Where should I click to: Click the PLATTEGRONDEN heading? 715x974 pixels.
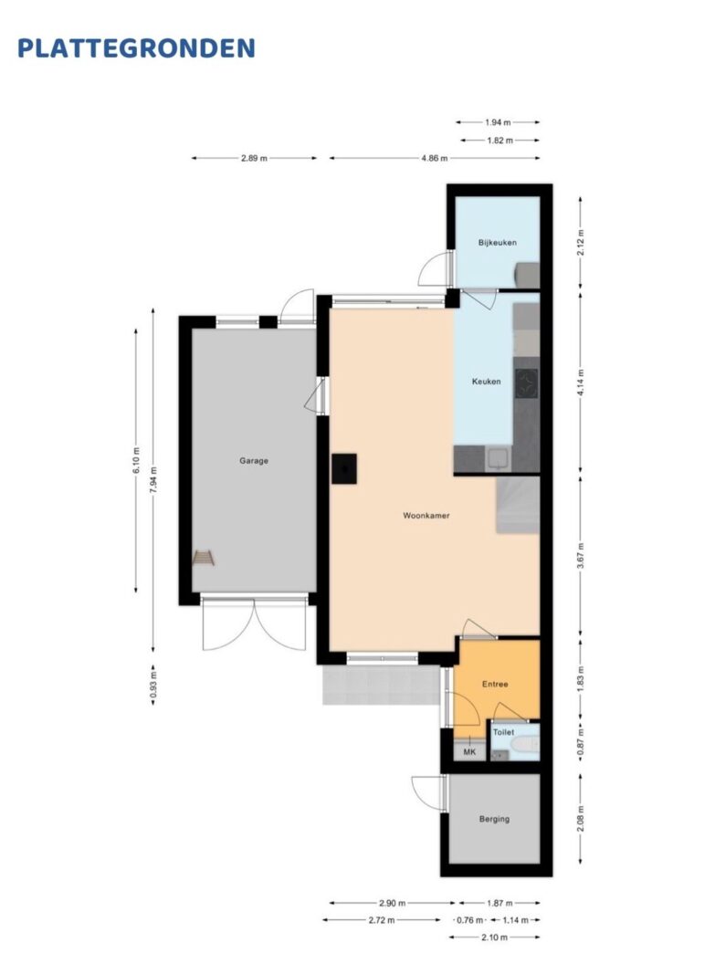tap(136, 48)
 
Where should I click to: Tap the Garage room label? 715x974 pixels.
tap(254, 461)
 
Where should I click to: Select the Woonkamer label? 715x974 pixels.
tap(426, 516)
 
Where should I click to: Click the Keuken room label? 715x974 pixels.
tap(486, 382)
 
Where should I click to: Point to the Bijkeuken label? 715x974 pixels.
tap(497, 242)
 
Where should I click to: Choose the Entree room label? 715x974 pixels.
tap(495, 684)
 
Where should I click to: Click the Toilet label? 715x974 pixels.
tap(503, 732)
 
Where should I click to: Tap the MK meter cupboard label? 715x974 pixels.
tap(469, 752)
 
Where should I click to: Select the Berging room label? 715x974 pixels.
tap(495, 819)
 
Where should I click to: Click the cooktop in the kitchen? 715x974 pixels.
tap(527, 383)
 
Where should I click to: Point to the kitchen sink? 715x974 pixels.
tap(499, 459)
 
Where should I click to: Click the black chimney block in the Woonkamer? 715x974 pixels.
tap(343, 468)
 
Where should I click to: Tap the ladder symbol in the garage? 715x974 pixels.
tap(203, 557)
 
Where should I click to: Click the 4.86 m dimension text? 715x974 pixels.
tap(435, 158)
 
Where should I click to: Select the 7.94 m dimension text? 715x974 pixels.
tap(153, 479)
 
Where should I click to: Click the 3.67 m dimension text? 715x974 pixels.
tap(580, 556)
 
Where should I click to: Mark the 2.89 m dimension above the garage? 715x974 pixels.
tap(254, 158)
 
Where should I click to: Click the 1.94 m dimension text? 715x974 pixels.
tap(498, 122)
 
